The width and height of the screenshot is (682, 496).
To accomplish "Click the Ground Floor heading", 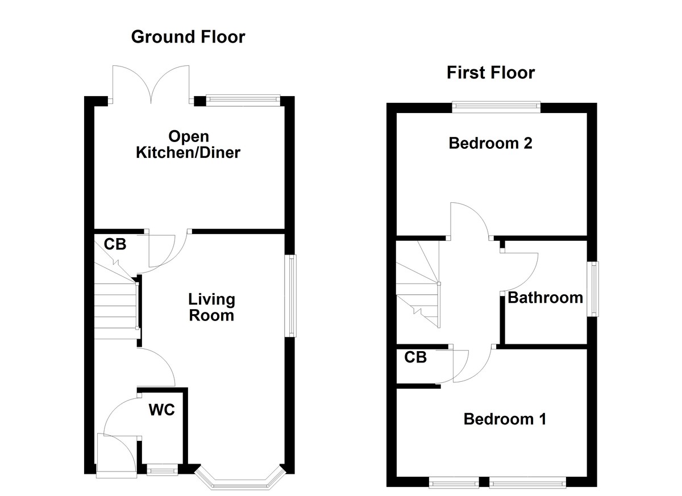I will click(x=188, y=37).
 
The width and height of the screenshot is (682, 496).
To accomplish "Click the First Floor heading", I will click(x=490, y=73).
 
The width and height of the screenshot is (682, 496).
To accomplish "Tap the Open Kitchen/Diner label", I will click(x=188, y=144).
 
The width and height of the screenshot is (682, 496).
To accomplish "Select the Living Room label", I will click(x=211, y=307).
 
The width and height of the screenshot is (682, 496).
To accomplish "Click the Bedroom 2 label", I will click(x=490, y=143).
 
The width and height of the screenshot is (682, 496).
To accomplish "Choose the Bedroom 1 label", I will click(x=505, y=419).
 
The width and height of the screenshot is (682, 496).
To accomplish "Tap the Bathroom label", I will click(x=545, y=298).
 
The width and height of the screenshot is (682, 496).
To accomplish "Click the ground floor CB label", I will click(x=115, y=245).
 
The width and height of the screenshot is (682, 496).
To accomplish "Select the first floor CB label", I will click(x=415, y=357).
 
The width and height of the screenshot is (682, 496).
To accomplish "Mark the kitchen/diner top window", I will click(x=243, y=101).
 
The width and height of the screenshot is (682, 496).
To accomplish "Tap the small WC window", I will click(x=162, y=469).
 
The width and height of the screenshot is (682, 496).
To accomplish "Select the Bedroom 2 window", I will click(x=496, y=105).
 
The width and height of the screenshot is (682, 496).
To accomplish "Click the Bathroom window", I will click(x=593, y=289).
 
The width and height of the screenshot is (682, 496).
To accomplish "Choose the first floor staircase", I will click(x=418, y=284).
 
